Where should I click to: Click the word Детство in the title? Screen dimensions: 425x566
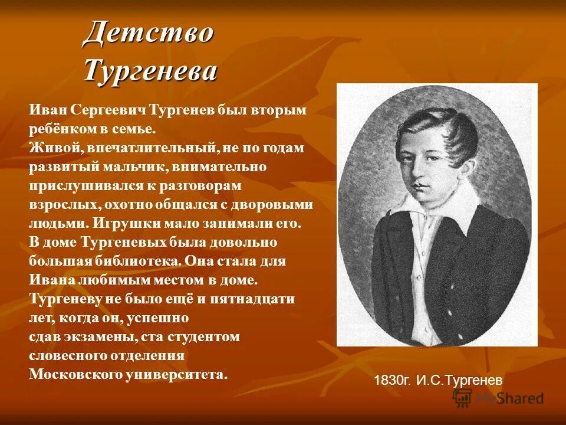[148, 32]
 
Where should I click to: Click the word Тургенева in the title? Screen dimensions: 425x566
[150, 70]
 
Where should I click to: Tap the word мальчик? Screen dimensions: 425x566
[139, 167]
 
